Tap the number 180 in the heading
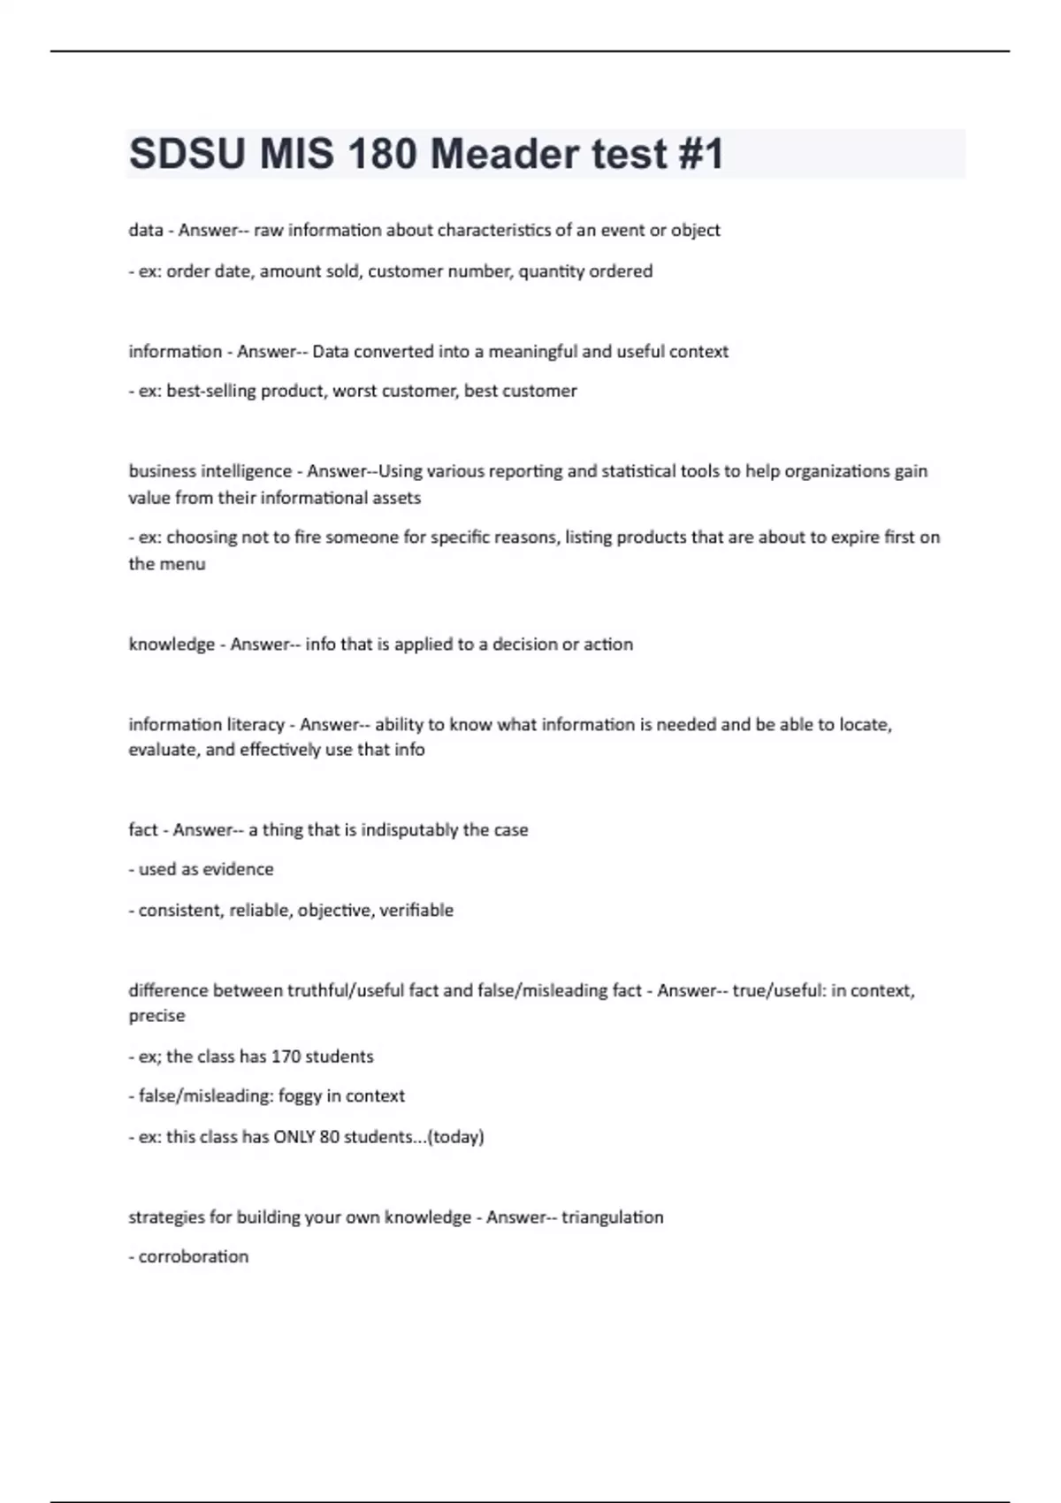coord(382,155)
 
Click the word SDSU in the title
coord(187,155)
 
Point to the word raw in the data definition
coord(269,231)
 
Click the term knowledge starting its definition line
coord(172,645)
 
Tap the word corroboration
coord(194,1257)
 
